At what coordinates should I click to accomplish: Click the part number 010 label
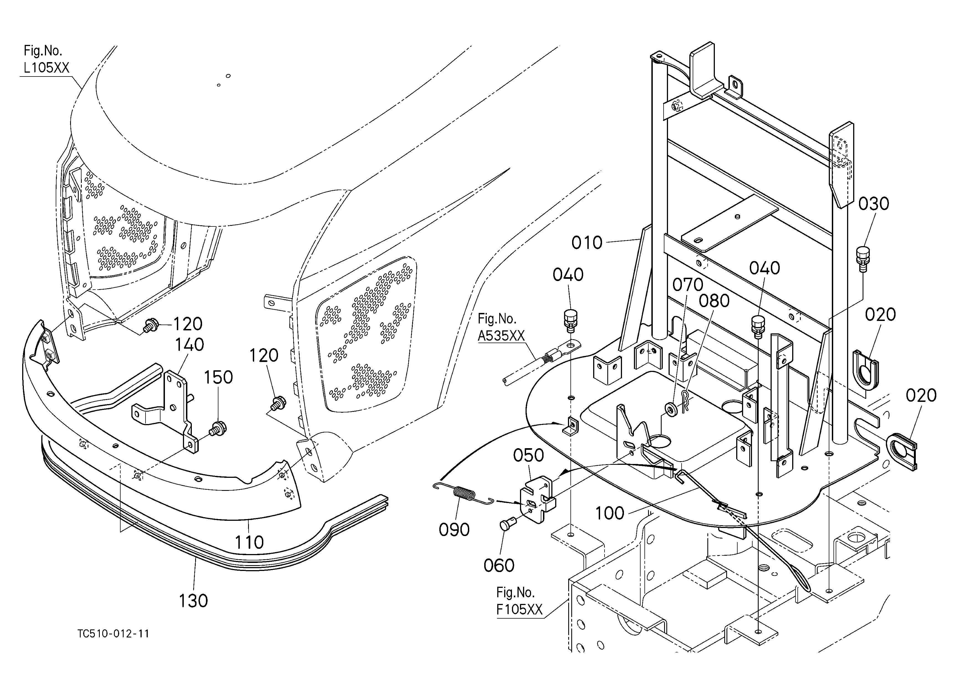(x=587, y=243)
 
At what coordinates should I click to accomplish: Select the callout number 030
(x=874, y=204)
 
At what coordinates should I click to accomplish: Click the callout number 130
(x=193, y=601)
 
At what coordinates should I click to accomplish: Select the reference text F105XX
(x=519, y=610)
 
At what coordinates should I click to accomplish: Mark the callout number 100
(x=610, y=513)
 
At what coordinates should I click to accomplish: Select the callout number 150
(x=218, y=377)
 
